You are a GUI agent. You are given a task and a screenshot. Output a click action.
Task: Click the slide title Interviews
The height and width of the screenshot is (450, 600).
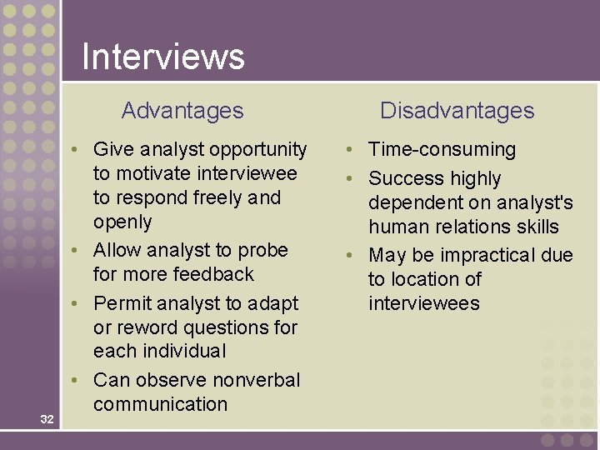(163, 57)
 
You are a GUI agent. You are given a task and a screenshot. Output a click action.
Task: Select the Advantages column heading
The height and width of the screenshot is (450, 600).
(182, 110)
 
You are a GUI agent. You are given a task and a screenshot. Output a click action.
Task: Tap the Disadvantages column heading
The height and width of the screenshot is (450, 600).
(457, 110)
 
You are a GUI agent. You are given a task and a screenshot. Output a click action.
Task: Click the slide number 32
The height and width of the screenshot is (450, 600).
(47, 419)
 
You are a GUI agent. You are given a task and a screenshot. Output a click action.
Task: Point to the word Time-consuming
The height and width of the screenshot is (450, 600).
(442, 150)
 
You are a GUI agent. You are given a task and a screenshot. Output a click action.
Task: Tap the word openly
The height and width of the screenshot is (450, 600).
(122, 222)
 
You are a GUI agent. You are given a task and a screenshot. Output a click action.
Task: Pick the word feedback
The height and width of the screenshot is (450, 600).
(214, 274)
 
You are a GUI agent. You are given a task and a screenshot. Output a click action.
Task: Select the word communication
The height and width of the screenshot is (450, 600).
(160, 404)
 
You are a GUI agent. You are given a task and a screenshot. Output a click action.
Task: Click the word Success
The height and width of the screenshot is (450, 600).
(405, 178)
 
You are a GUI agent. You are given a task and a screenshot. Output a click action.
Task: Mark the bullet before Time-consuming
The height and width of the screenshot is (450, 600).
(352, 150)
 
